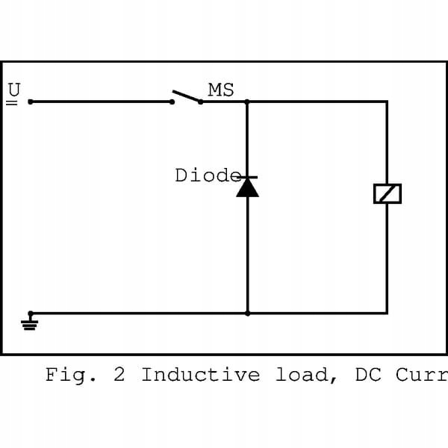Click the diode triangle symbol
tap(247, 187)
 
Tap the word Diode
tap(207, 175)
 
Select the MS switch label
tap(221, 90)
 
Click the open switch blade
tap(186, 96)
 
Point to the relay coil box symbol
tap(387, 193)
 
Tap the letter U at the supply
tap(13, 89)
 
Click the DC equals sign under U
tap(12, 102)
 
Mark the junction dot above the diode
tap(247, 102)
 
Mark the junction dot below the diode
tap(247, 313)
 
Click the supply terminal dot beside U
tap(30, 102)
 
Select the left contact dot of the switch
tap(172, 102)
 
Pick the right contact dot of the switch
tap(200, 102)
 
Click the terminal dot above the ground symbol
tap(30, 313)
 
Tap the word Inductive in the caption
tap(200, 374)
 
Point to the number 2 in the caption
tap(119, 374)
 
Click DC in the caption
tap(366, 374)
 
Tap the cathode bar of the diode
tap(247, 178)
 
